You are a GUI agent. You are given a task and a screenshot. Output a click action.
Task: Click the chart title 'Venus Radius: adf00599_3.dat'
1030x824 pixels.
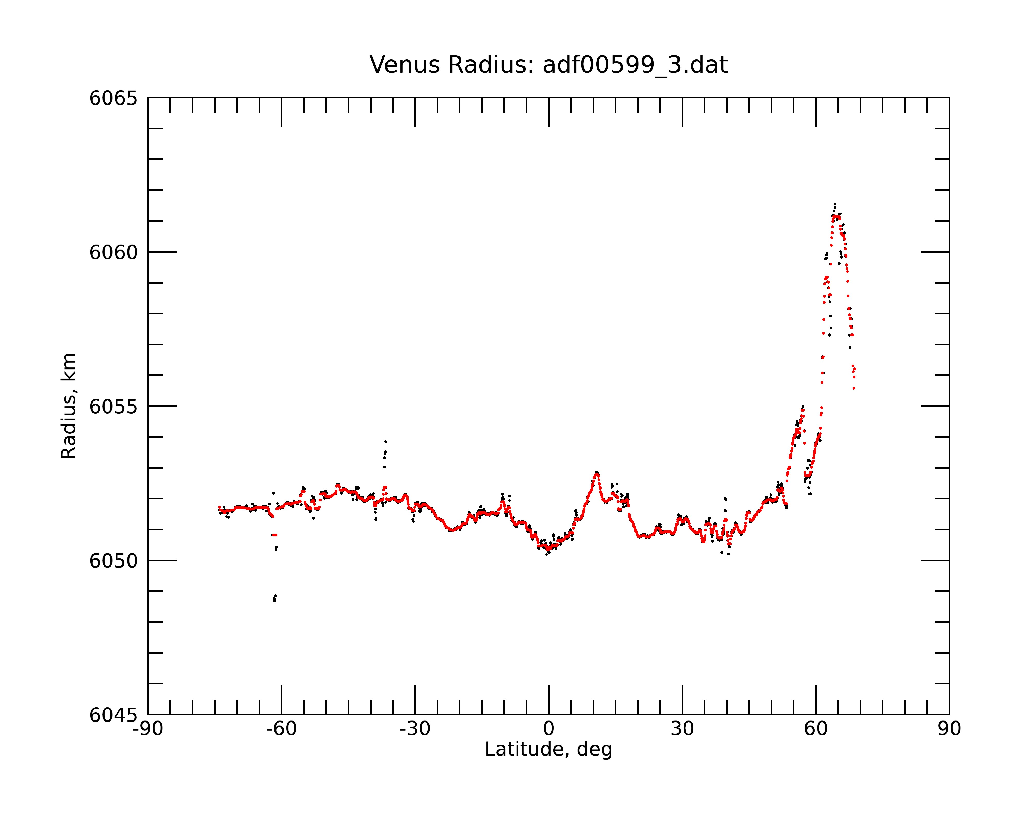548,65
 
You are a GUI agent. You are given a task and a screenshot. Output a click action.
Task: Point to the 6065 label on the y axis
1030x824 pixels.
113,98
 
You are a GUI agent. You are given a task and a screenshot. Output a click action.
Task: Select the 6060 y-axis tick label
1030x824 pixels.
113,253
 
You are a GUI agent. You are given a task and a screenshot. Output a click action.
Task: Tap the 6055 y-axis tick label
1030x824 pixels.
113,407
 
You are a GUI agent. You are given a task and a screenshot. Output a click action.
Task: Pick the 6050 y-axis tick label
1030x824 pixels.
113,561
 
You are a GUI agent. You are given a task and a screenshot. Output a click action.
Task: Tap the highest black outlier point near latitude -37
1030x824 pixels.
385,441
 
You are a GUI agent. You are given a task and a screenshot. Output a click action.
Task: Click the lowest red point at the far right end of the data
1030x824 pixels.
854,388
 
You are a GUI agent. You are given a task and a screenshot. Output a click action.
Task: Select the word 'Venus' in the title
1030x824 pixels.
404,65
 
